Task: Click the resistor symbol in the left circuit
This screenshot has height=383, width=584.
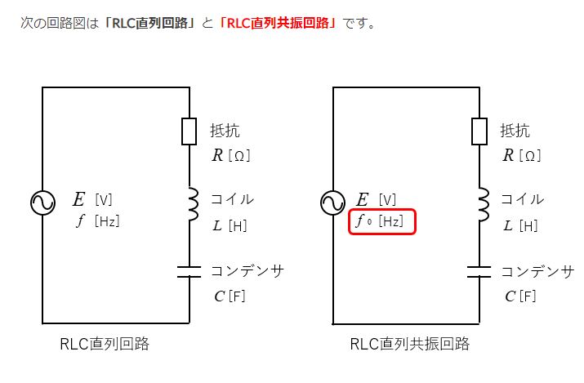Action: click(x=189, y=131)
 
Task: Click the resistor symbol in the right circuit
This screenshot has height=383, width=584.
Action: click(x=479, y=131)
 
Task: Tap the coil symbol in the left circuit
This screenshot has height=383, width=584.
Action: click(x=193, y=204)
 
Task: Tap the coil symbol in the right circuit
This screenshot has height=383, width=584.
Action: click(x=483, y=204)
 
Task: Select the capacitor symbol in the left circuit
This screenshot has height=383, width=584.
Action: click(x=189, y=271)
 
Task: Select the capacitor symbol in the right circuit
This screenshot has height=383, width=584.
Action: click(x=479, y=271)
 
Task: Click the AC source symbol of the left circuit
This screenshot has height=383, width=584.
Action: click(x=42, y=202)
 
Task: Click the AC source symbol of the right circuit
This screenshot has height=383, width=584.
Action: click(x=333, y=202)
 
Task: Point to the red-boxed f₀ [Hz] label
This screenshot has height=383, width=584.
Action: click(x=382, y=221)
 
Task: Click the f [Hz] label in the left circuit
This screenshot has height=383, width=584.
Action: click(x=98, y=221)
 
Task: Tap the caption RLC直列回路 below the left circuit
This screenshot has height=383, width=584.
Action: click(x=105, y=344)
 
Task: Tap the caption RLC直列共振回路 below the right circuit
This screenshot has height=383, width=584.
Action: click(x=410, y=344)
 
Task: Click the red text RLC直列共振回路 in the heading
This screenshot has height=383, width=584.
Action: click(x=279, y=23)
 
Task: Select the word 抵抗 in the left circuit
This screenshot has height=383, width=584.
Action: click(x=225, y=131)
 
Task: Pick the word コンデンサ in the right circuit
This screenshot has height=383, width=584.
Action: click(x=537, y=271)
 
